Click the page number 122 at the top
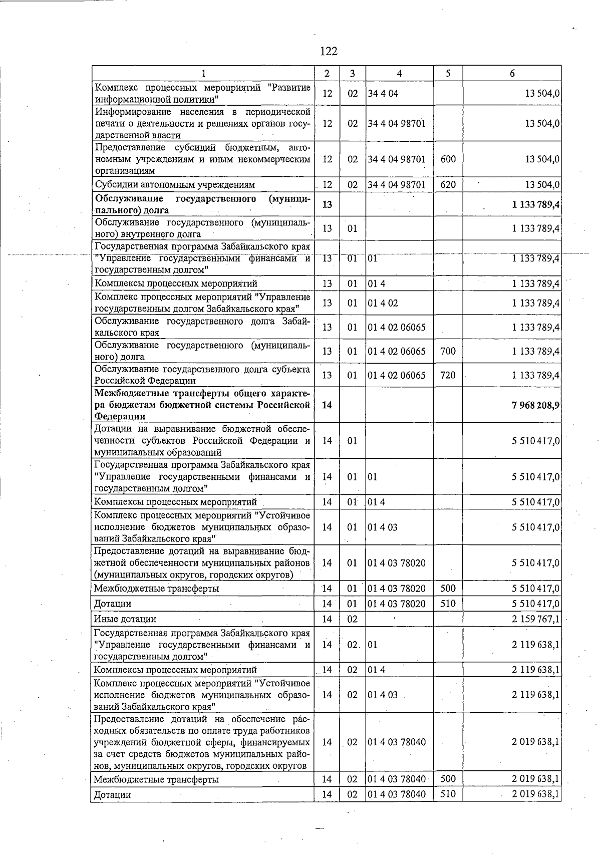(x=329, y=51)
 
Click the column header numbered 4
(x=399, y=73)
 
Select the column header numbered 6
(x=512, y=73)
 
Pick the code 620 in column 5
(x=448, y=184)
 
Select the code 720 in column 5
(x=448, y=375)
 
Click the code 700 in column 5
(x=448, y=351)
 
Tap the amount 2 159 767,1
(x=535, y=619)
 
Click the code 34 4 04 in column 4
(x=383, y=93)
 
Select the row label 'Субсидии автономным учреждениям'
(x=175, y=184)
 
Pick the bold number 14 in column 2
(x=327, y=405)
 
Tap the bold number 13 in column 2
(x=327, y=204)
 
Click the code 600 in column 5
(x=448, y=159)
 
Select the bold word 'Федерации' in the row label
(x=120, y=416)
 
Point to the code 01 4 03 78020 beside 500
(x=397, y=589)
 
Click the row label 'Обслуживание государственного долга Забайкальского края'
(x=202, y=327)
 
